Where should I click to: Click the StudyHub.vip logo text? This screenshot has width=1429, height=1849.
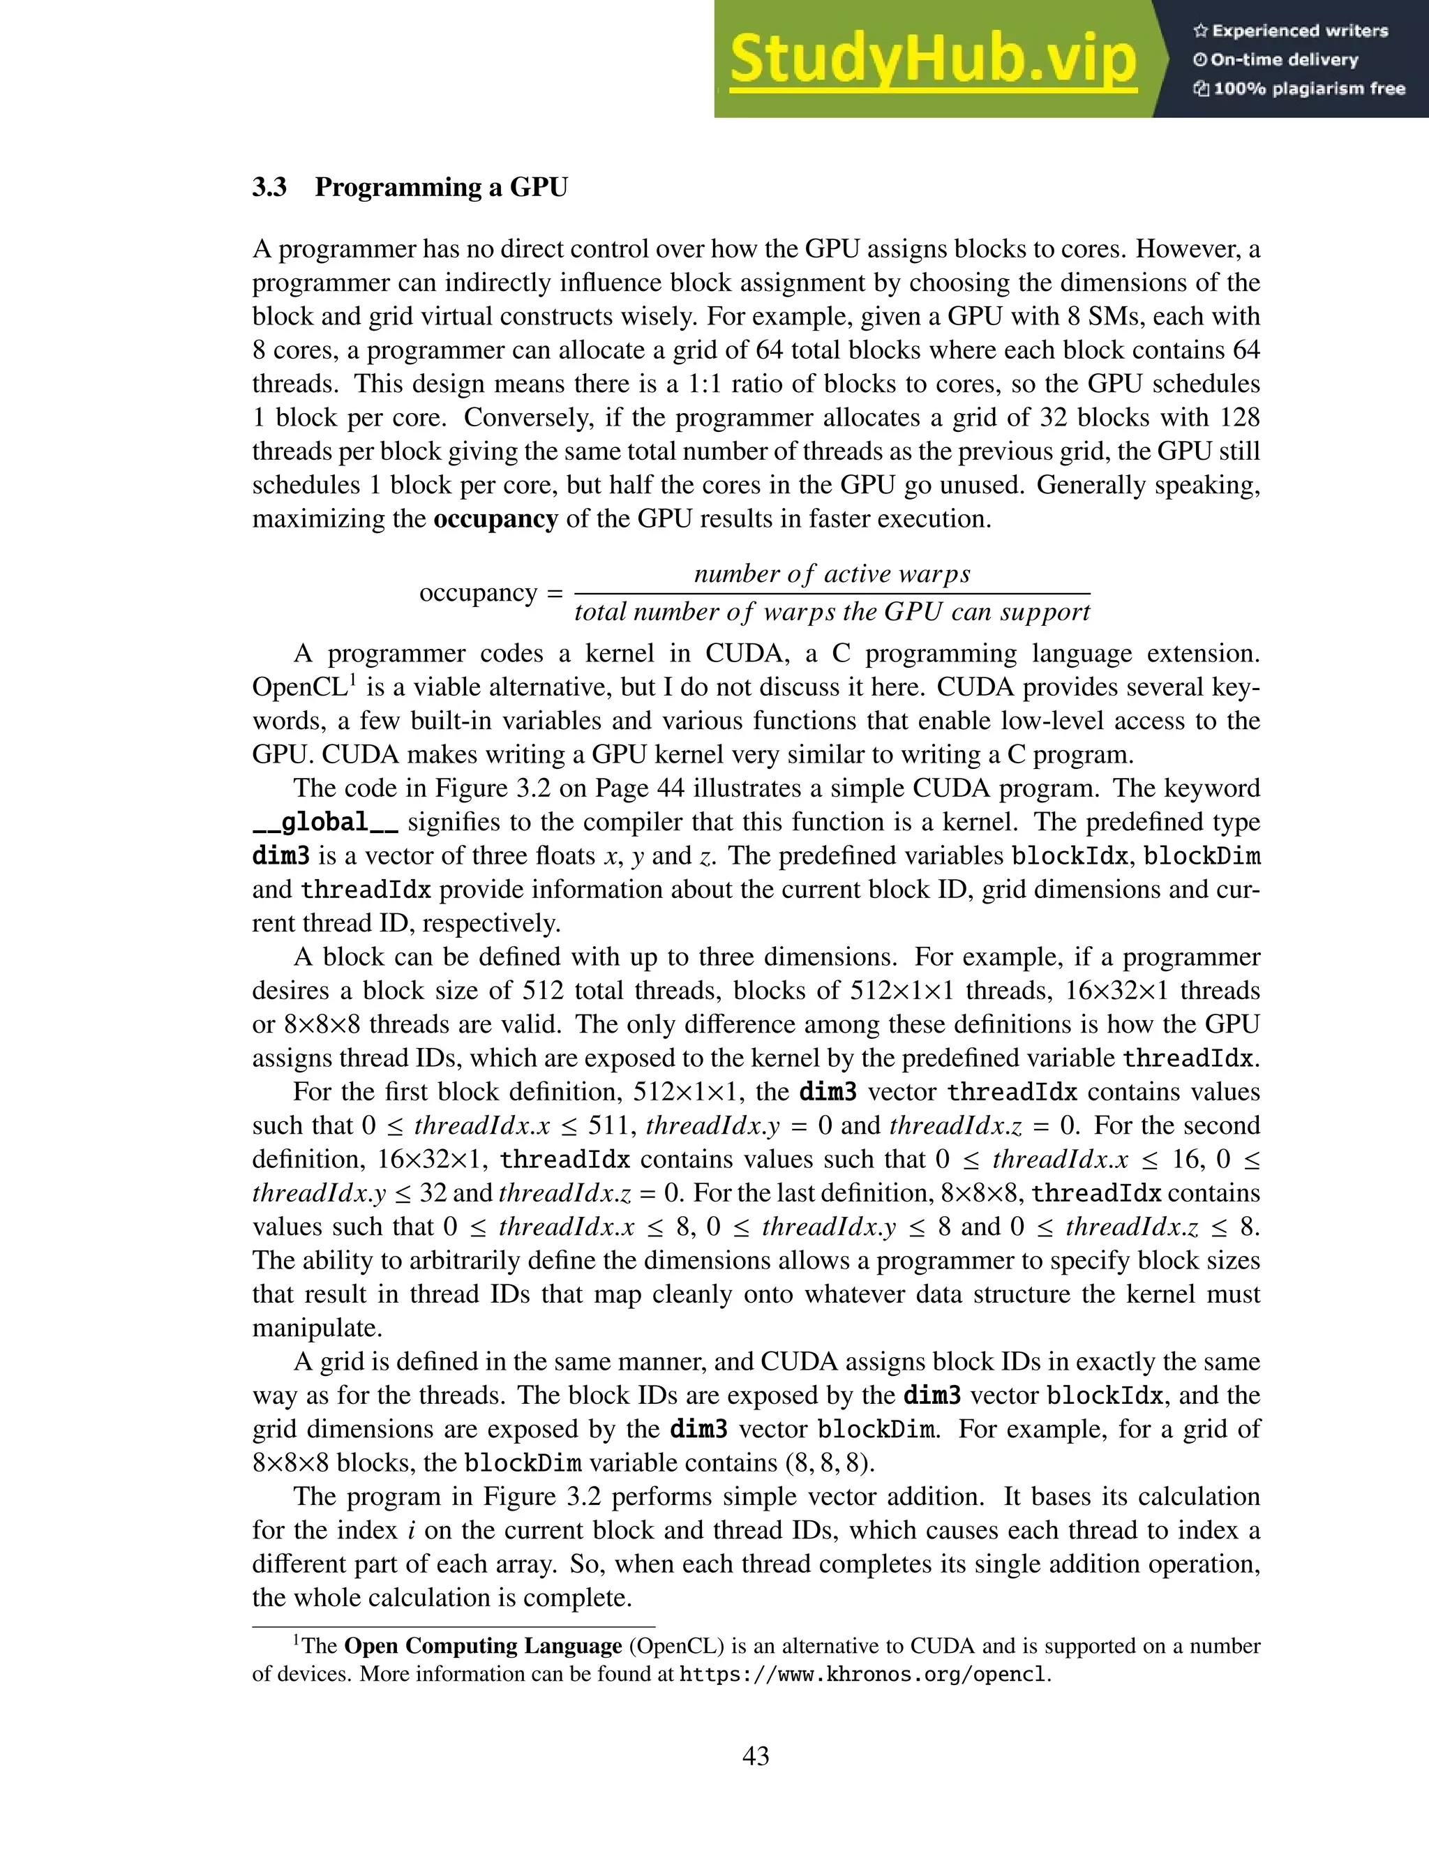tap(932, 59)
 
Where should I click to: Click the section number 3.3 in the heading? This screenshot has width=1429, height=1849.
tap(269, 187)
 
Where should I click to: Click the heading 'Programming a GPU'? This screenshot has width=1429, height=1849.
tap(441, 187)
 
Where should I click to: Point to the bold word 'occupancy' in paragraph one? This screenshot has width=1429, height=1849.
tap(495, 519)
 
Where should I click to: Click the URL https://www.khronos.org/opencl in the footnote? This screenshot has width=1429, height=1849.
tap(864, 1674)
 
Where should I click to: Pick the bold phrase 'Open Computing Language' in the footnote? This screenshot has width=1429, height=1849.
tap(483, 1646)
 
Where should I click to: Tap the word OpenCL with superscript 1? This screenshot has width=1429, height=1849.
tap(303, 687)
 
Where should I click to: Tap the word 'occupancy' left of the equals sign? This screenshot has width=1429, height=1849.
tap(478, 592)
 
